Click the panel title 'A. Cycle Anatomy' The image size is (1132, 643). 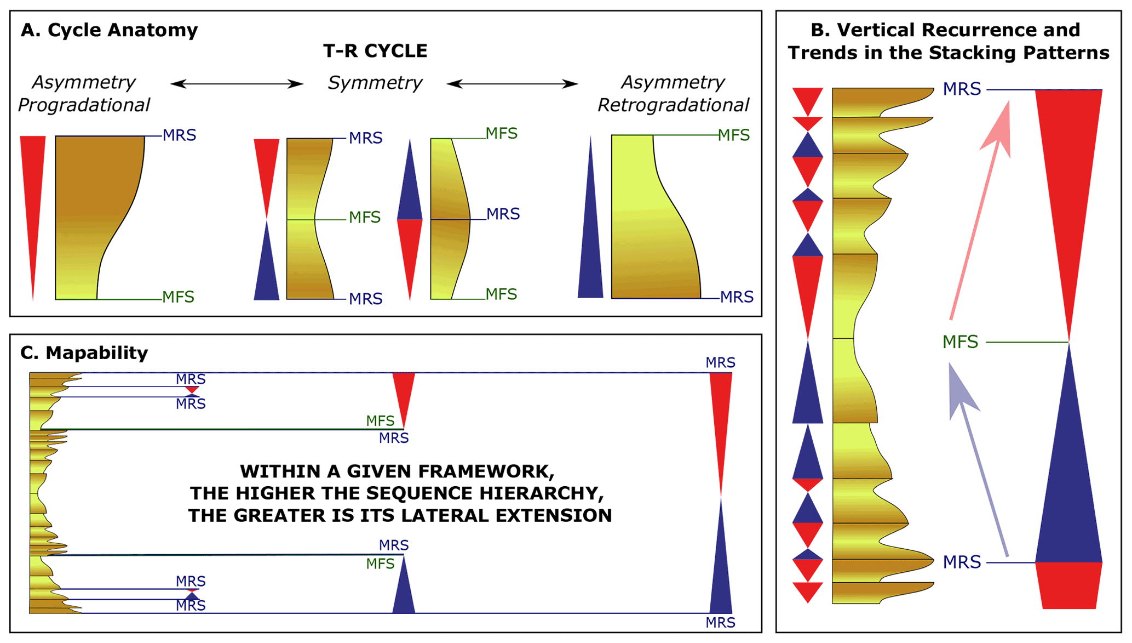click(109, 30)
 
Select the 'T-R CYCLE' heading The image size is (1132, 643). click(375, 51)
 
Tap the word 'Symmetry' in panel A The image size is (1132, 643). click(375, 83)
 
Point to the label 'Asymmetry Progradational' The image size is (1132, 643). click(84, 94)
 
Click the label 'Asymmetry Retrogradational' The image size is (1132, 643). click(673, 94)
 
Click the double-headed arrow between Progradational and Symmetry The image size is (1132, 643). click(237, 84)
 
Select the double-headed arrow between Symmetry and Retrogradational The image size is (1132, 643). click(512, 84)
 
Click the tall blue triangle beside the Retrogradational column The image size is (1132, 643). click(590, 241)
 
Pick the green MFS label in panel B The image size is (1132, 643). click(960, 342)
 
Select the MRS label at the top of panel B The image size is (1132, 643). click(962, 89)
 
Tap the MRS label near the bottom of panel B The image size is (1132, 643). click(962, 562)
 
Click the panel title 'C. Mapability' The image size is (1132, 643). click(84, 353)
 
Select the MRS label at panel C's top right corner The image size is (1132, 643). click(720, 363)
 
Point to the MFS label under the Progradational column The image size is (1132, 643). click(179, 297)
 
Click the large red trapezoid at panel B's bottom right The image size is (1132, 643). click(1068, 585)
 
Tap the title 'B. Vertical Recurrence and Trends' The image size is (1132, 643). click(948, 41)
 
